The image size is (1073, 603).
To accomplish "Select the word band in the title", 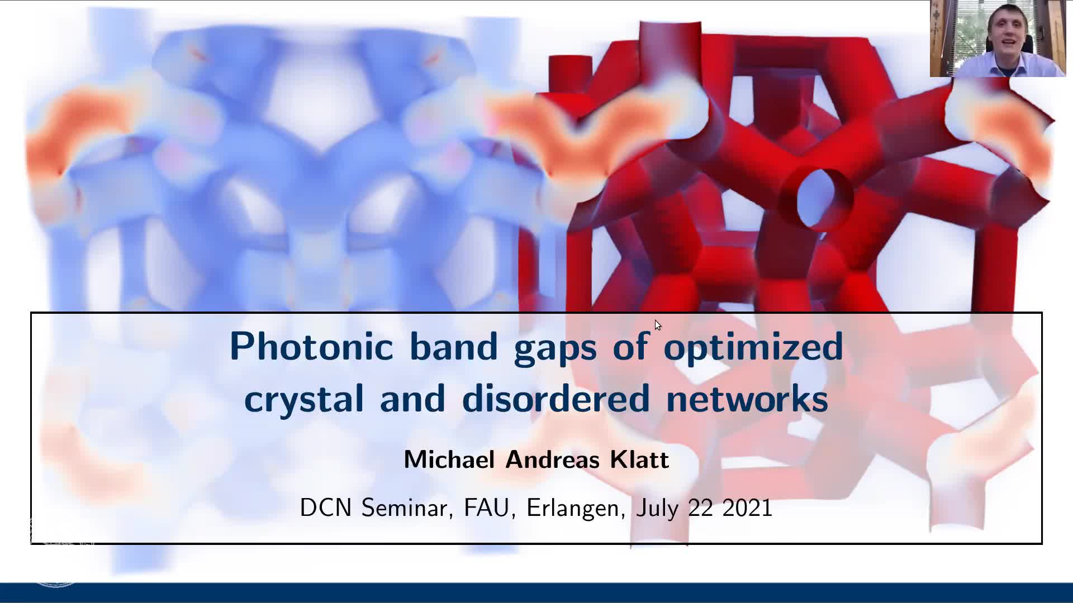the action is coord(453,346).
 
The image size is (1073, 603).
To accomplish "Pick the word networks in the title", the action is coord(747,398).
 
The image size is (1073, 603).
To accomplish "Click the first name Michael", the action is coord(449,460).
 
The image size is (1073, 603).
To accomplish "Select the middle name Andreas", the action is coord(552,460).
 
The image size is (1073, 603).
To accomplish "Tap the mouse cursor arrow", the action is coord(658,326).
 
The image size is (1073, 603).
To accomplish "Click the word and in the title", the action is coord(412,398).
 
